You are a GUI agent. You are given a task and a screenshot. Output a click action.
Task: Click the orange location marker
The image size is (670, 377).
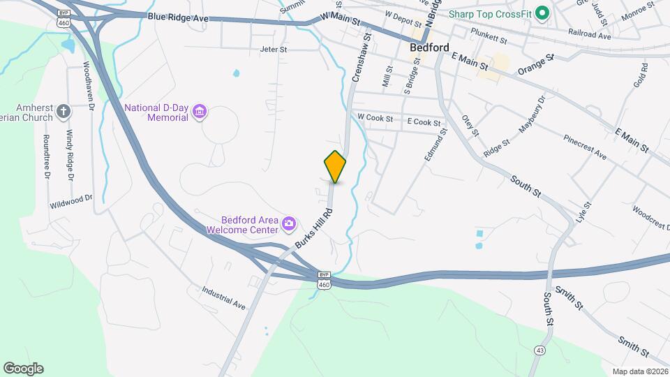click(x=335, y=166)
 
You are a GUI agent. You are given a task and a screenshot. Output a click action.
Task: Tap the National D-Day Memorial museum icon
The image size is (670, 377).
click(x=200, y=112)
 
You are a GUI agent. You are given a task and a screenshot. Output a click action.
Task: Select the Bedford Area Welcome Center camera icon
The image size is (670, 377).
click(x=288, y=225)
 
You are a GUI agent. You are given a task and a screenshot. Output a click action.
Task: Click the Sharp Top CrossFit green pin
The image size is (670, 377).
click(x=539, y=13)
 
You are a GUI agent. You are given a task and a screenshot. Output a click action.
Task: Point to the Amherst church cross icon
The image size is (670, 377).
click(x=64, y=111)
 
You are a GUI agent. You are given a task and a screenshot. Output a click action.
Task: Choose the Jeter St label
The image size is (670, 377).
click(x=274, y=50)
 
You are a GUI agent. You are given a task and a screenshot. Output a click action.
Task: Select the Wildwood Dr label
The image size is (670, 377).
click(x=70, y=202)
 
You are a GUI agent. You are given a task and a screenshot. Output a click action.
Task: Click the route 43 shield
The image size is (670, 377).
click(x=539, y=349)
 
